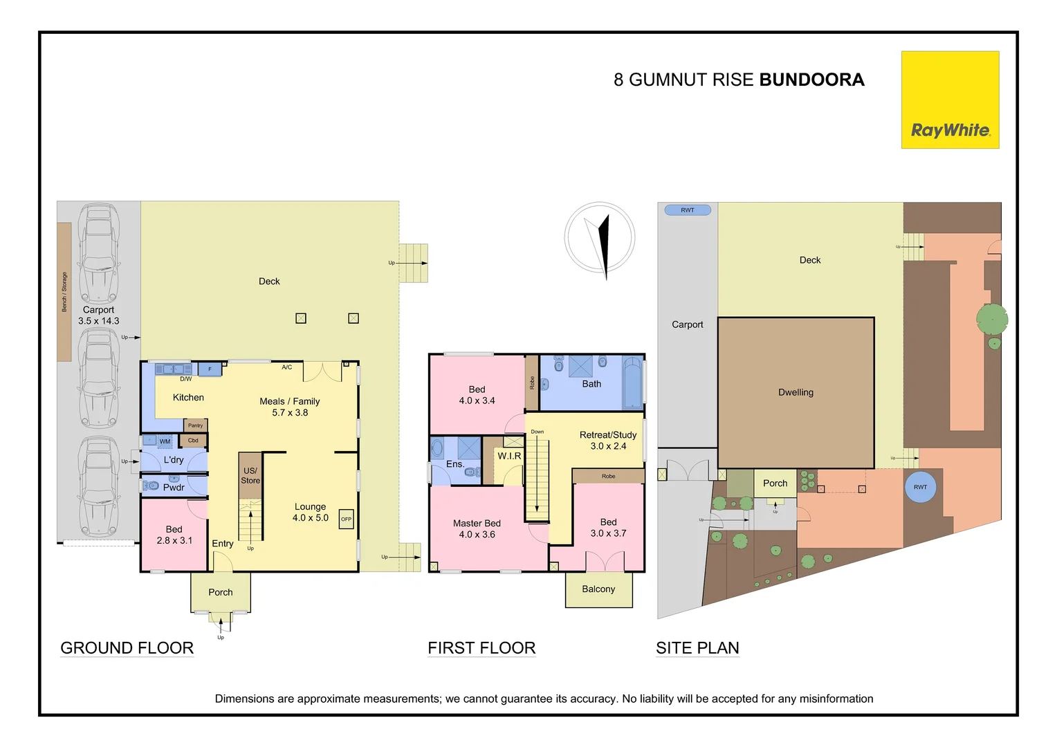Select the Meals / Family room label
[x=289, y=401]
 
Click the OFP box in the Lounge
[x=346, y=519]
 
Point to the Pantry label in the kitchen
[x=196, y=425]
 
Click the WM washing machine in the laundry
[x=165, y=441]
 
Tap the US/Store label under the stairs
[x=250, y=475]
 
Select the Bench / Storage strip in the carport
[x=64, y=291]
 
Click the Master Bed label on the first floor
[x=477, y=524]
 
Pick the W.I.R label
[x=509, y=456]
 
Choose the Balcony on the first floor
[x=598, y=589]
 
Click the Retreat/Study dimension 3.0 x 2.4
[x=608, y=446]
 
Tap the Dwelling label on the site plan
[x=796, y=392]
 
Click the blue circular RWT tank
[x=920, y=487]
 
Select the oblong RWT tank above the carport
[x=688, y=210]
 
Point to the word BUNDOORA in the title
[x=811, y=80]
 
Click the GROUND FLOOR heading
[x=127, y=648]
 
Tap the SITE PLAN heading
[x=697, y=648]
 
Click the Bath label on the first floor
[x=591, y=384]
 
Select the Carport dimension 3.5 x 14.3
[x=99, y=321]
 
